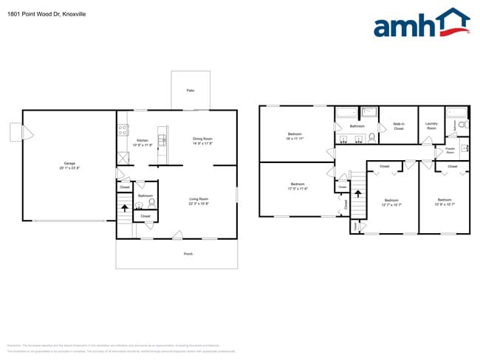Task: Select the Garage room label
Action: (69, 163)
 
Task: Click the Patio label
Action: (190, 90)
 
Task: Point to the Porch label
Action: (188, 253)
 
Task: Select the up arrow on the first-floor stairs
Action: (124, 208)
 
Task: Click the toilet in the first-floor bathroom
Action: (151, 201)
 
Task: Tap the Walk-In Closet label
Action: (398, 126)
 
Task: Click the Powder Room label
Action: (450, 150)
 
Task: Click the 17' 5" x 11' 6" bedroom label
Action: (297, 185)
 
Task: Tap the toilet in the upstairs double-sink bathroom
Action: (372, 136)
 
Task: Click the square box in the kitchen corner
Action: (123, 158)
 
